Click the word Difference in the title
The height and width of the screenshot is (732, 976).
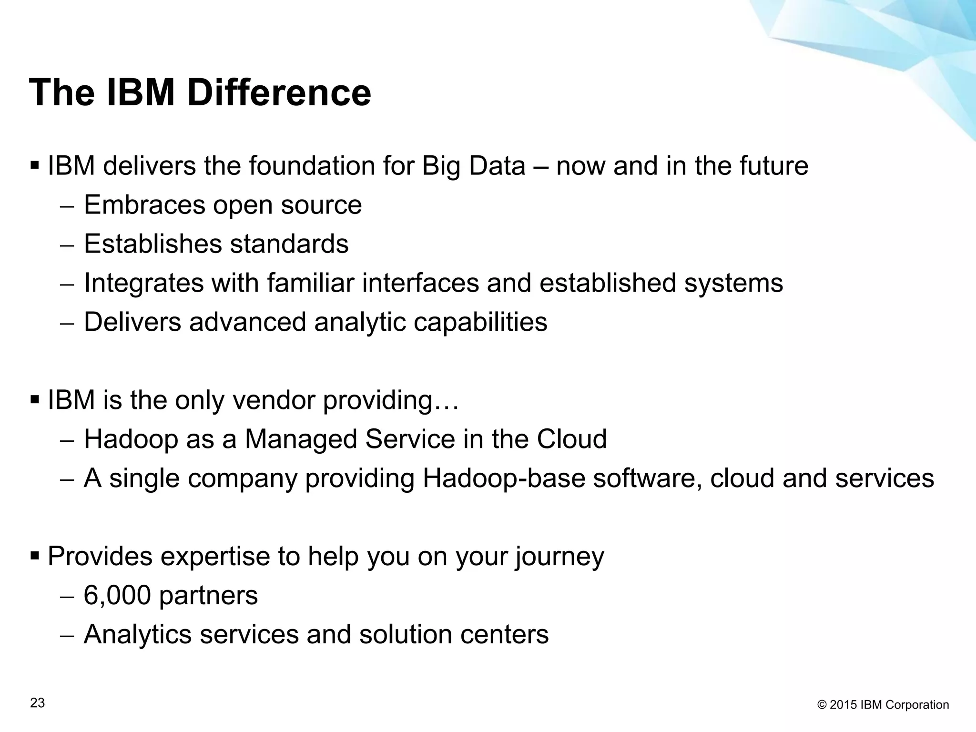point(279,92)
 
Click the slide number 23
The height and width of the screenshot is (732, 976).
point(38,703)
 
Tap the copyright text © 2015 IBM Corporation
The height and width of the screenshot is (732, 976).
point(883,705)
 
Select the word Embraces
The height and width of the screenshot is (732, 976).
point(144,205)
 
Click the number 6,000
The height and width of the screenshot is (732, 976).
point(117,595)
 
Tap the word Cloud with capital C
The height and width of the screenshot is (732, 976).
point(571,439)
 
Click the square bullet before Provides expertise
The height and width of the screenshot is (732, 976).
point(34,555)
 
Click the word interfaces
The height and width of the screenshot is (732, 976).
point(420,283)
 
